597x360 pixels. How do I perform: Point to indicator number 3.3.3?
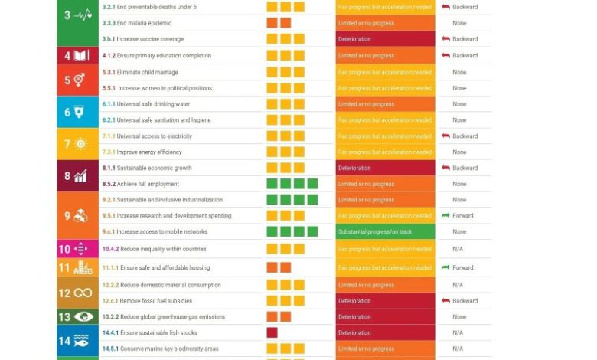pyautogui.click(x=108, y=23)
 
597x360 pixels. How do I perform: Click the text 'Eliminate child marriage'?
pyautogui.click(x=147, y=72)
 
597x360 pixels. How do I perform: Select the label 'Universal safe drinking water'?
pyautogui.click(x=153, y=104)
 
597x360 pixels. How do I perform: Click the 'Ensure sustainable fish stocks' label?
pyautogui.click(x=158, y=333)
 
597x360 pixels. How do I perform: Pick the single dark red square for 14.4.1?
pyautogui.click(x=272, y=333)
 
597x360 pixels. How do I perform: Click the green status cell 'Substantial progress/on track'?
pyautogui.click(x=385, y=231)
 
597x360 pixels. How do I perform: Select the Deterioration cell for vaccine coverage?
pyautogui.click(x=385, y=39)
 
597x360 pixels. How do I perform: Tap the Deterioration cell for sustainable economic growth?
pyautogui.click(x=385, y=168)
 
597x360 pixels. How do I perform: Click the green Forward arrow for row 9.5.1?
pyautogui.click(x=445, y=216)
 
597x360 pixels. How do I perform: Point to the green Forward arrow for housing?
pyautogui.click(x=445, y=268)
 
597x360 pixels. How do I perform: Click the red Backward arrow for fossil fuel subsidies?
pyautogui.click(x=445, y=301)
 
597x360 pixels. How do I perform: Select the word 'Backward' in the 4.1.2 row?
pyautogui.click(x=465, y=56)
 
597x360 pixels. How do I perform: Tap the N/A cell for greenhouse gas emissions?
pyautogui.click(x=458, y=317)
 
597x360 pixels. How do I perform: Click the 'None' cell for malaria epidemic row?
pyautogui.click(x=459, y=23)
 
